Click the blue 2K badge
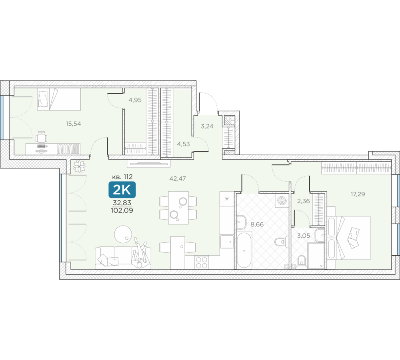tap(122, 190)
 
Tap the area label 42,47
tap(178, 178)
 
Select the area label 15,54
tap(73, 124)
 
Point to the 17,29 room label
tap(358, 194)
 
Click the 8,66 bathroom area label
tap(257, 224)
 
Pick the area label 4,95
tap(135, 100)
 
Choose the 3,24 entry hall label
tap(207, 126)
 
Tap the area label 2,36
tap(303, 201)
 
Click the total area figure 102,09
tap(122, 210)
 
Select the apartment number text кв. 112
tap(122, 176)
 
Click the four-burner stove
tap(202, 262)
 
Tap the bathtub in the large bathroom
tap(244, 250)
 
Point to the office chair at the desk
tap(42, 137)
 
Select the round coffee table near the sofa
tap(123, 234)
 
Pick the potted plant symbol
tap(79, 166)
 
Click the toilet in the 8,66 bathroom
tap(282, 241)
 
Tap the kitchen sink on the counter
tap(227, 242)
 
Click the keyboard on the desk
tap(41, 146)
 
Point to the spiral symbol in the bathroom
tap(282, 200)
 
